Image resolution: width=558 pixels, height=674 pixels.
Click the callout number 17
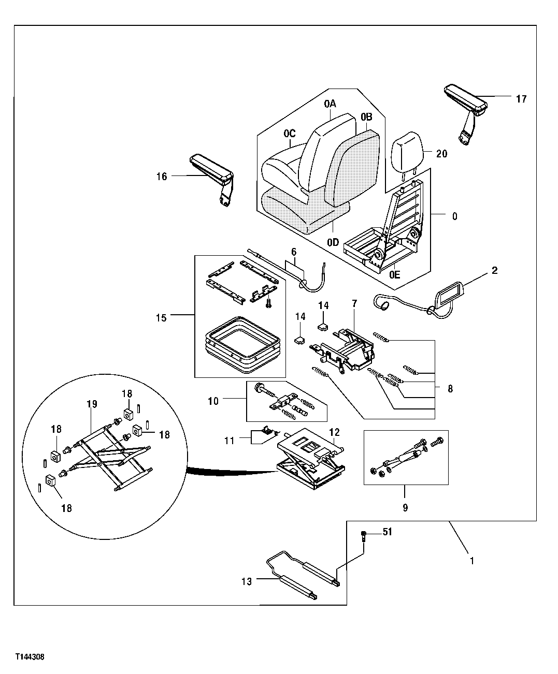coord(521,98)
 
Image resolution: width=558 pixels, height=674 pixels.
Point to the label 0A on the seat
coord(330,104)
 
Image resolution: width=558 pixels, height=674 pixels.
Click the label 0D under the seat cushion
coord(333,242)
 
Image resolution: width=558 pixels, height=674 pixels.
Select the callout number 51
coord(387,532)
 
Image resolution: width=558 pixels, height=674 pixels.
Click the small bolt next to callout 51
coord(364,535)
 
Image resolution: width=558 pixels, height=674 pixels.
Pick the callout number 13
coord(247,581)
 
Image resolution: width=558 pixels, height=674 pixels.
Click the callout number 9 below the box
coord(405,508)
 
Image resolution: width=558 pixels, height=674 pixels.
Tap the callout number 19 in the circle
coord(92,404)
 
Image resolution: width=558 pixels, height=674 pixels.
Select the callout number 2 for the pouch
coord(495,271)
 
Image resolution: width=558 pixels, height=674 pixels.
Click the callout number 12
coord(334,431)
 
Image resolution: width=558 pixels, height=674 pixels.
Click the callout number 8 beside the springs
coord(450,388)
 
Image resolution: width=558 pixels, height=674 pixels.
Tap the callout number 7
coord(354,303)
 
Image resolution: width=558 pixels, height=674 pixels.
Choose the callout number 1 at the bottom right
coord(471,560)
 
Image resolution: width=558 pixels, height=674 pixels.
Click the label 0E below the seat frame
coord(394,275)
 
